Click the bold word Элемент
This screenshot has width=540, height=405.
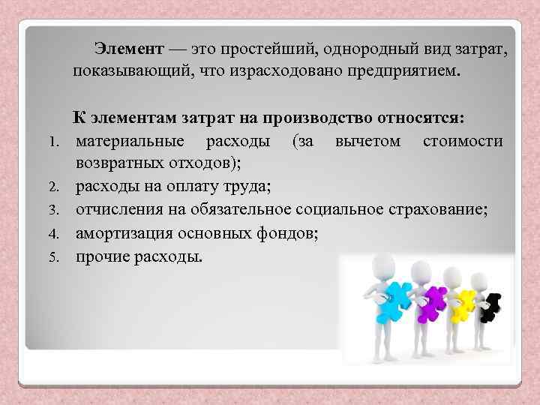coord(128,50)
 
